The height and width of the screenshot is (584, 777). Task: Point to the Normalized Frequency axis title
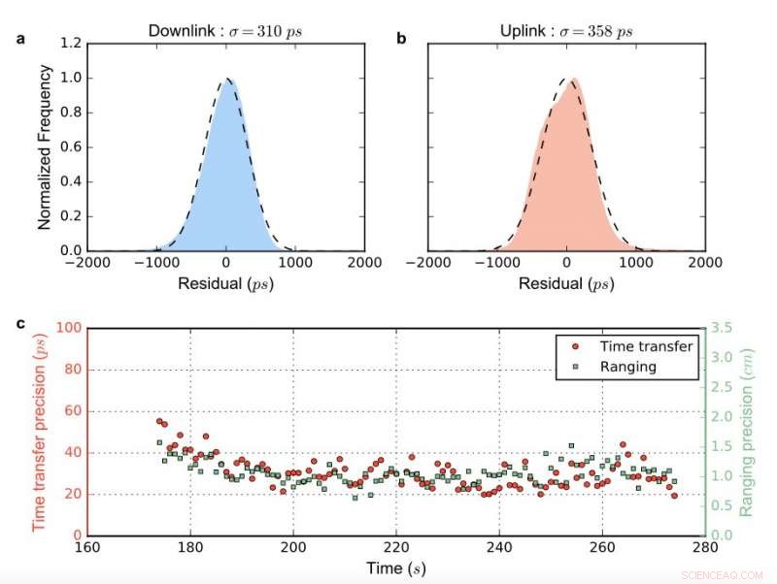click(45, 146)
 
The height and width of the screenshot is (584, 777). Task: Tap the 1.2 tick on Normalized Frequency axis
click(69, 44)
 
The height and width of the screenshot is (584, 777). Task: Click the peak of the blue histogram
click(226, 80)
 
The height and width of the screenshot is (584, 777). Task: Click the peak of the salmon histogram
click(575, 80)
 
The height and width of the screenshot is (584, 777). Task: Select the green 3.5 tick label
click(723, 329)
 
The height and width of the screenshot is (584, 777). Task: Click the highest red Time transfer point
click(159, 421)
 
